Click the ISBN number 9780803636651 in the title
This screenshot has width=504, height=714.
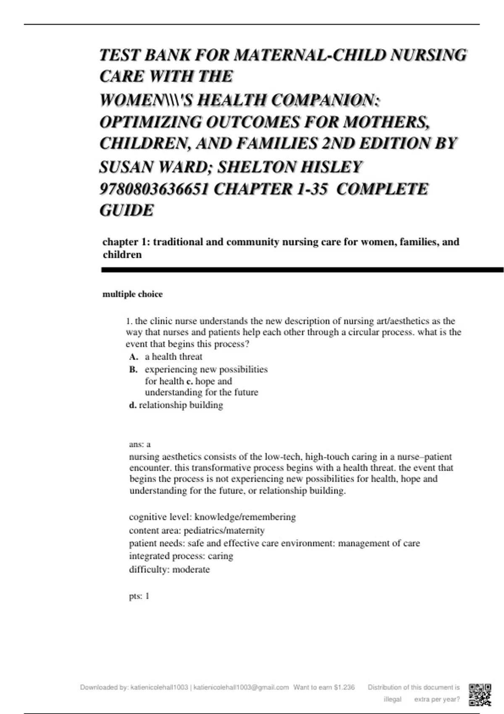click(154, 189)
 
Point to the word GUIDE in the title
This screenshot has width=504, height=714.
click(126, 210)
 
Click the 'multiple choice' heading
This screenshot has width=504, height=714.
click(132, 294)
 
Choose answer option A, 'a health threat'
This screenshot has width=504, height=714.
click(173, 357)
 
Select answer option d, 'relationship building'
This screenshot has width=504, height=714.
click(181, 405)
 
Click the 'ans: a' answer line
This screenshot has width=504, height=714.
click(139, 444)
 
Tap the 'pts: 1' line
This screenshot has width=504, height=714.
click(139, 596)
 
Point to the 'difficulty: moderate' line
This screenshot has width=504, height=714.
click(169, 570)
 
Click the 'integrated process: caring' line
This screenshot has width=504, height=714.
click(181, 556)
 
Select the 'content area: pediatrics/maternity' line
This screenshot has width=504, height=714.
click(197, 530)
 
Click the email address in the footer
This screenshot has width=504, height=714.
click(241, 688)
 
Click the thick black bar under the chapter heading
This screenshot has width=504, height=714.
click(302, 270)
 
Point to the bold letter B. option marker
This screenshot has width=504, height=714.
click(133, 370)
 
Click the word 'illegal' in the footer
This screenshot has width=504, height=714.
click(393, 699)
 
